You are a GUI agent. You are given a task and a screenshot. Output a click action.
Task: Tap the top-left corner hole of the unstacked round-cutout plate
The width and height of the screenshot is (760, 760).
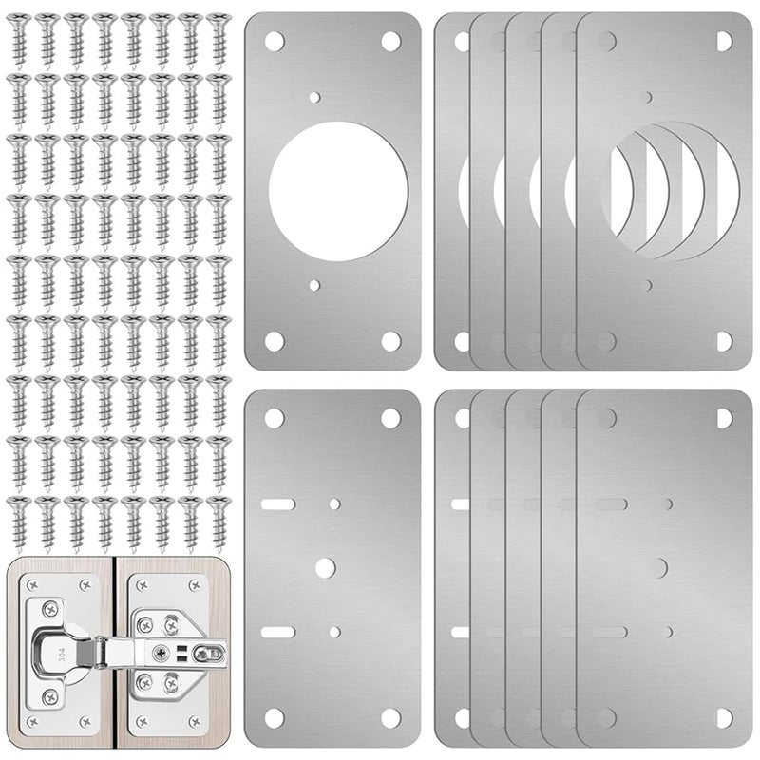[275, 41]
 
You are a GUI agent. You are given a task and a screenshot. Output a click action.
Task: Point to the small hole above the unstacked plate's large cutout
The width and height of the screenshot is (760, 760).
[315, 97]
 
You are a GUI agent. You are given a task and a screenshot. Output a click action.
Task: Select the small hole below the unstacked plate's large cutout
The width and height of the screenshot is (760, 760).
[315, 285]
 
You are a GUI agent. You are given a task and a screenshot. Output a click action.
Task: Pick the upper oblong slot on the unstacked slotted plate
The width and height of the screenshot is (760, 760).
[277, 503]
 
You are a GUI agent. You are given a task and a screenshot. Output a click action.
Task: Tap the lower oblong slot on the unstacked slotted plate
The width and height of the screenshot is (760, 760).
[277, 631]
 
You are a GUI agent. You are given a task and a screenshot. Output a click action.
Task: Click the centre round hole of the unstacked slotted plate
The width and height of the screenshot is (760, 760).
[325, 567]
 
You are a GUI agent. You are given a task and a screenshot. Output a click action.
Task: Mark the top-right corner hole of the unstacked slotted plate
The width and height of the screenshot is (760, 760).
[390, 417]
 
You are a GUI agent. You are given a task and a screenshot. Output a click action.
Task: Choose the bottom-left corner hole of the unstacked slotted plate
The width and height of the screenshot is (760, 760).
[275, 717]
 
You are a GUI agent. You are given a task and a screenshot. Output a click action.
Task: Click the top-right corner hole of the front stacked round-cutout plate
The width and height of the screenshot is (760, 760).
[724, 41]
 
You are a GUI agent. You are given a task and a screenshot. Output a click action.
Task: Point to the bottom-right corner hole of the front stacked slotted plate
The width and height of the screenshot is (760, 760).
[724, 717]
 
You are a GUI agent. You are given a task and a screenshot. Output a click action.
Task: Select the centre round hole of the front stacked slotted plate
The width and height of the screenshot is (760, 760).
[657, 567]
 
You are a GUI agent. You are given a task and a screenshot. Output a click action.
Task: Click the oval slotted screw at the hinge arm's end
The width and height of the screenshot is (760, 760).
[210, 653]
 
